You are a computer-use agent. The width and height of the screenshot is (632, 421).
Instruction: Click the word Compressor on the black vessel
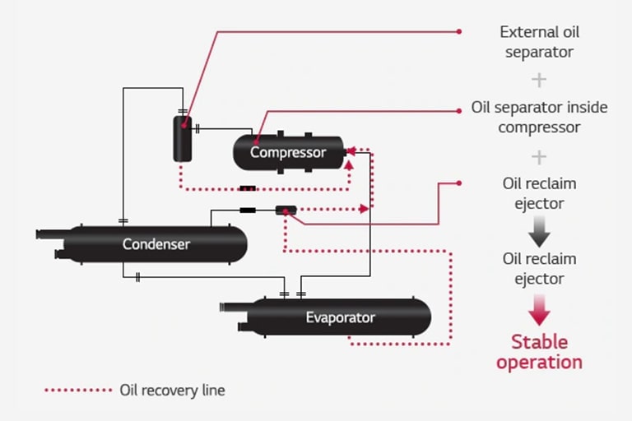(x=288, y=152)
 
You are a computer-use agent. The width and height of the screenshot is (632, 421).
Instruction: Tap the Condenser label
(x=156, y=244)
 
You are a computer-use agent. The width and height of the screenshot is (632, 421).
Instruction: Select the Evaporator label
(x=340, y=317)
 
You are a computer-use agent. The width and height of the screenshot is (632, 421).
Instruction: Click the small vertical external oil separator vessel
(x=182, y=138)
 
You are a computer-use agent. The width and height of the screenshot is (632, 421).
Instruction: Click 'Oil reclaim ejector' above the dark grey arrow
(x=539, y=193)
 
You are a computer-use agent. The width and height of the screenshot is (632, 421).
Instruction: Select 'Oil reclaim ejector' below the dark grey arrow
(x=539, y=269)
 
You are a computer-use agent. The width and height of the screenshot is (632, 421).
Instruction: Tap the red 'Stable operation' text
(x=539, y=351)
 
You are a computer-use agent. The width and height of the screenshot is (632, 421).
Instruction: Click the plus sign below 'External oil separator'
(x=539, y=80)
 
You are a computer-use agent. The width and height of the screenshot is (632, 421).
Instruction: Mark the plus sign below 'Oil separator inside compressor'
(x=539, y=156)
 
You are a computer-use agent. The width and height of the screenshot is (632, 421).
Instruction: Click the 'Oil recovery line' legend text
(x=172, y=390)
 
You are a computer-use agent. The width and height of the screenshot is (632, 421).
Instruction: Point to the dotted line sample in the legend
(x=78, y=390)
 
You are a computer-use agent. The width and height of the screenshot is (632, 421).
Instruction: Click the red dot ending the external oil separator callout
(x=459, y=32)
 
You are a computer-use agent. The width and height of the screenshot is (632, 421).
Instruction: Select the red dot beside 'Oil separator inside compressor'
(x=459, y=109)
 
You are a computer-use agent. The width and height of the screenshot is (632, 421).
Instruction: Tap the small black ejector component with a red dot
(x=286, y=210)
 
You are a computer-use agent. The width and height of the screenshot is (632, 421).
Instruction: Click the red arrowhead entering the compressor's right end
(x=350, y=151)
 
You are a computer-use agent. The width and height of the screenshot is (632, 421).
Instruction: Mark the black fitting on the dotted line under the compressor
(x=248, y=188)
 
